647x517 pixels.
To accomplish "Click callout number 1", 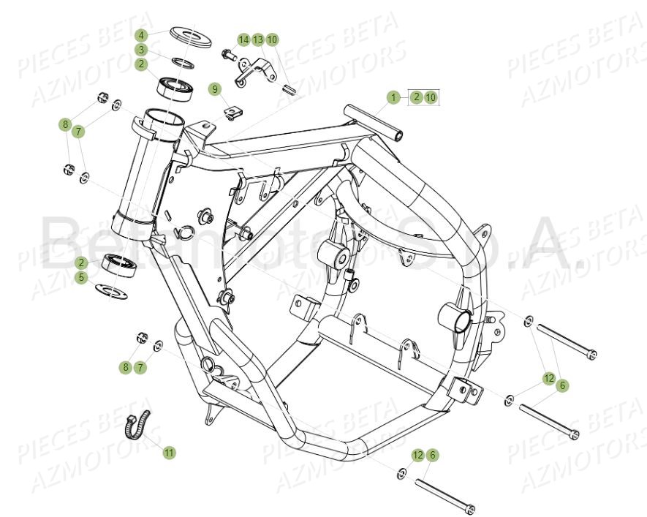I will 393,97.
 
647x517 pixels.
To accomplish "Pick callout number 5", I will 82,278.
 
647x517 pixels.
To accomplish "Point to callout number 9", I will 214,89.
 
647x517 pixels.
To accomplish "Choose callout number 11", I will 169,453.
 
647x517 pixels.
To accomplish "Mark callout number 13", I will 258,39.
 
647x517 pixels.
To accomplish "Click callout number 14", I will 243,39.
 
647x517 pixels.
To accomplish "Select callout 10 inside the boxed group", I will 430,97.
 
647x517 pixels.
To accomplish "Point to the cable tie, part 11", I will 140,425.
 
